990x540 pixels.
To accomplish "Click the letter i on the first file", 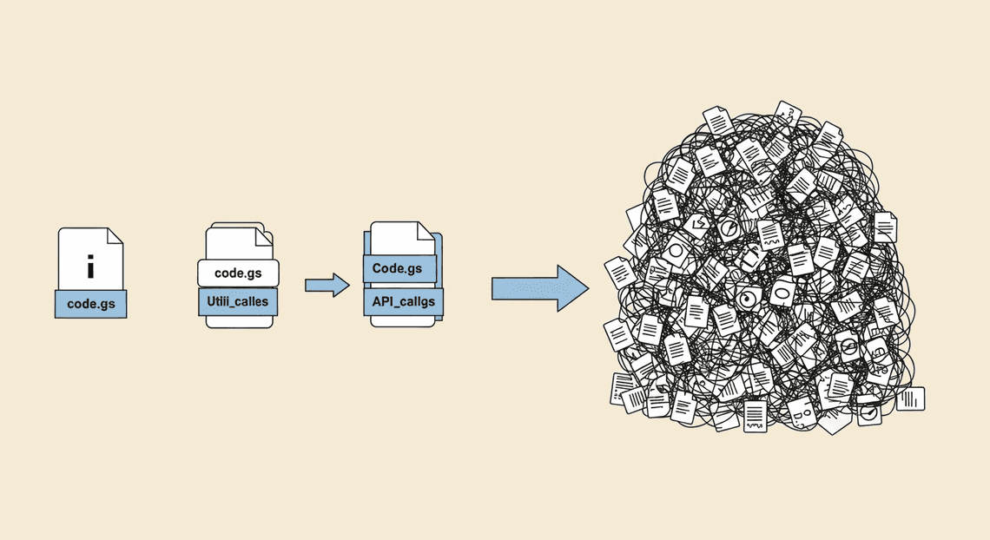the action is (x=91, y=267).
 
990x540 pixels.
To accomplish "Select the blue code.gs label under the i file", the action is (x=91, y=304).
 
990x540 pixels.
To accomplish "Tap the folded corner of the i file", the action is (x=115, y=236).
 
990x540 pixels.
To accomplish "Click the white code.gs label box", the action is (x=239, y=273).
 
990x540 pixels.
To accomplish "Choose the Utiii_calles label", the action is (x=238, y=301).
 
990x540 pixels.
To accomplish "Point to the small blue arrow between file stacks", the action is (x=327, y=285).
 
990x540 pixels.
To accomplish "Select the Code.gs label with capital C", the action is (x=399, y=269).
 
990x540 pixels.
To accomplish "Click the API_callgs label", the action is (x=404, y=301).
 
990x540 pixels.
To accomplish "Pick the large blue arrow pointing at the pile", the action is (x=540, y=288).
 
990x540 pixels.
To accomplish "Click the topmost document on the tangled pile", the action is (x=788, y=114).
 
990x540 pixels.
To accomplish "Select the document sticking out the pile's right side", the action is (x=885, y=227).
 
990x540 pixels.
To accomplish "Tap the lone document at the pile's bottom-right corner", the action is (x=910, y=398).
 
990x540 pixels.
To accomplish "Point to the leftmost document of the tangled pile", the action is (x=621, y=273).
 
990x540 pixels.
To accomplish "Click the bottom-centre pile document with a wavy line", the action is (x=755, y=416).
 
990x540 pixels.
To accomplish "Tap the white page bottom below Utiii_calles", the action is (x=240, y=322).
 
